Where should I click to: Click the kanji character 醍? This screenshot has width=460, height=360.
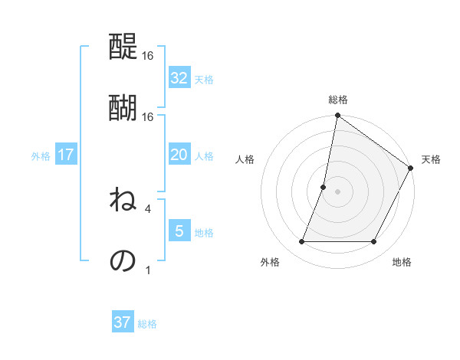pos(123,49)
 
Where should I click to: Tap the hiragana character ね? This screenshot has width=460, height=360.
pos(123,201)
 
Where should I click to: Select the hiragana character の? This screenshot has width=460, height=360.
pos(123,260)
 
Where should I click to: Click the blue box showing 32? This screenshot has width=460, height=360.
pos(179,78)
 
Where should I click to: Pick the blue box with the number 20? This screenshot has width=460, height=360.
pos(179,155)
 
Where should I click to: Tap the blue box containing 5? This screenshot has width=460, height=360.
pos(179,231)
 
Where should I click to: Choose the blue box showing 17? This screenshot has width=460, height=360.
pos(65,155)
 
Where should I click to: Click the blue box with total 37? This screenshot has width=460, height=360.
pos(123,322)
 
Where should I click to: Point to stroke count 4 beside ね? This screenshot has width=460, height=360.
pos(148,208)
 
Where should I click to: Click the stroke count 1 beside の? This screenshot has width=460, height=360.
pos(148,270)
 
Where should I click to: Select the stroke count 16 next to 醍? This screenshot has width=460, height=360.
pos(148,57)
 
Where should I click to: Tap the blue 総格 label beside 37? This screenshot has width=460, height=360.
pos(147,324)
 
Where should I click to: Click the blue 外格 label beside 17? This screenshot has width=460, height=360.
pos(41,156)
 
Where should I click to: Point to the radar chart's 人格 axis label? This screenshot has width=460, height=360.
pos(245,159)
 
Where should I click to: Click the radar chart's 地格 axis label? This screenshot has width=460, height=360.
pos(402,263)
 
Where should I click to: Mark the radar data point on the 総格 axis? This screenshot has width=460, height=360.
pos(337,116)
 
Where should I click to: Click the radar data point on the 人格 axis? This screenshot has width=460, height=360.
pos(324,187)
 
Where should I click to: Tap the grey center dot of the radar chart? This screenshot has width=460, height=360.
pos(337,191)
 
